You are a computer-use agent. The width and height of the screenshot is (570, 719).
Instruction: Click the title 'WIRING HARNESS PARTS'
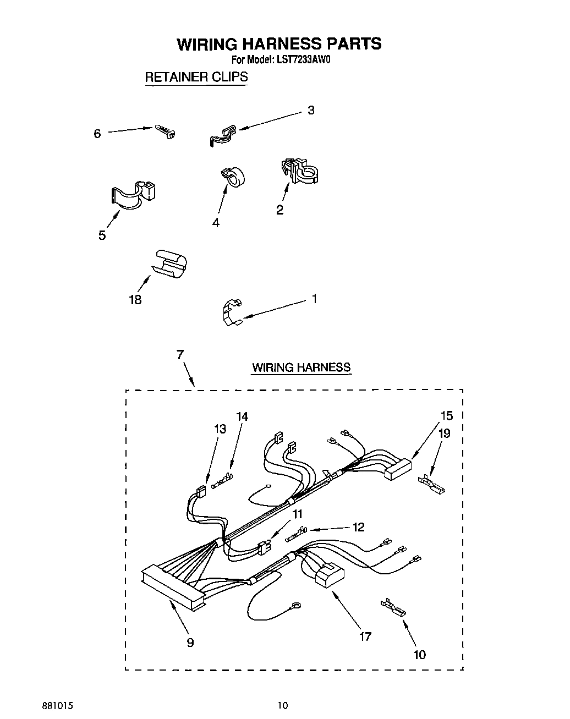(278, 43)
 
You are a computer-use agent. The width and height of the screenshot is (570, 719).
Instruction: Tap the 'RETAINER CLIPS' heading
(196, 77)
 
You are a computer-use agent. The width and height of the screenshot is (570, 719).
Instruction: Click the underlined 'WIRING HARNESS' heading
(301, 367)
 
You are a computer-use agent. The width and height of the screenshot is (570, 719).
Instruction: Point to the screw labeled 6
(166, 131)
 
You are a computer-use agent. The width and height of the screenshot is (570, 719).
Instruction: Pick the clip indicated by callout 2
(299, 171)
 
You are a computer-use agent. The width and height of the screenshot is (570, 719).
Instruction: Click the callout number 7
(180, 355)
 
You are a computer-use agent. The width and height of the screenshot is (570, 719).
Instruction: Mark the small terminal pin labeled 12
(297, 531)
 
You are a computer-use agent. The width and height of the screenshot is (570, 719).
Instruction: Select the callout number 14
(242, 416)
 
